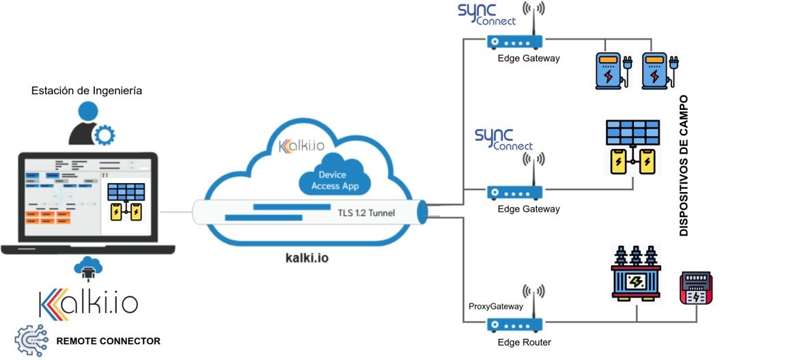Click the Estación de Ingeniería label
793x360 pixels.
(x=87, y=90)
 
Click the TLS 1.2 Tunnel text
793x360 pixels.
(x=366, y=212)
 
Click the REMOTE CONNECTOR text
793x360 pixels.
(x=108, y=341)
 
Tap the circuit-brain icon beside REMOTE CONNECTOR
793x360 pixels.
(x=31, y=340)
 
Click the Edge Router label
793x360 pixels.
(x=524, y=342)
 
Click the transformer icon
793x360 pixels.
(x=637, y=275)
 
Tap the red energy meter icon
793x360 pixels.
(x=696, y=288)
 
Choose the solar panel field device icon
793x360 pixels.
(x=632, y=148)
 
